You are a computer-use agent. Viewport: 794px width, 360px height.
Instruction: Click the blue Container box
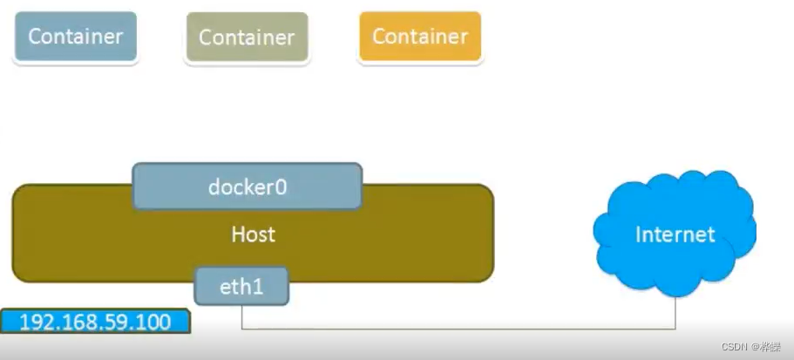[x=76, y=37]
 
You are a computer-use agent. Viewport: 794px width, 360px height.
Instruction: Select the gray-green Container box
[x=247, y=37]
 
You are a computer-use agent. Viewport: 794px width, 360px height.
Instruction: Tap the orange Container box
[x=420, y=37]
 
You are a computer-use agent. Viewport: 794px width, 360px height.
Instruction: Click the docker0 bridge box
[x=248, y=186]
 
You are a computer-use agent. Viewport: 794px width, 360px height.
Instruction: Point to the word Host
[x=254, y=234]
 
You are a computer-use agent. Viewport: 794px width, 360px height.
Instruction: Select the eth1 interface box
[x=241, y=286]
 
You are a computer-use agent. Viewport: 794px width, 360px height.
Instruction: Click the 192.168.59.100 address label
[x=95, y=321]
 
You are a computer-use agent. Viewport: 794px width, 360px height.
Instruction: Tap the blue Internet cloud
[x=675, y=233]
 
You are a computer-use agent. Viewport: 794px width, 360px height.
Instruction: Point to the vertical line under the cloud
[x=675, y=311]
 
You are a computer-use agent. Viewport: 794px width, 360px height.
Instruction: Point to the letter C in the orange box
[x=379, y=37]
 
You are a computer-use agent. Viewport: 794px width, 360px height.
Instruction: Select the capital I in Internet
[x=639, y=234]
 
